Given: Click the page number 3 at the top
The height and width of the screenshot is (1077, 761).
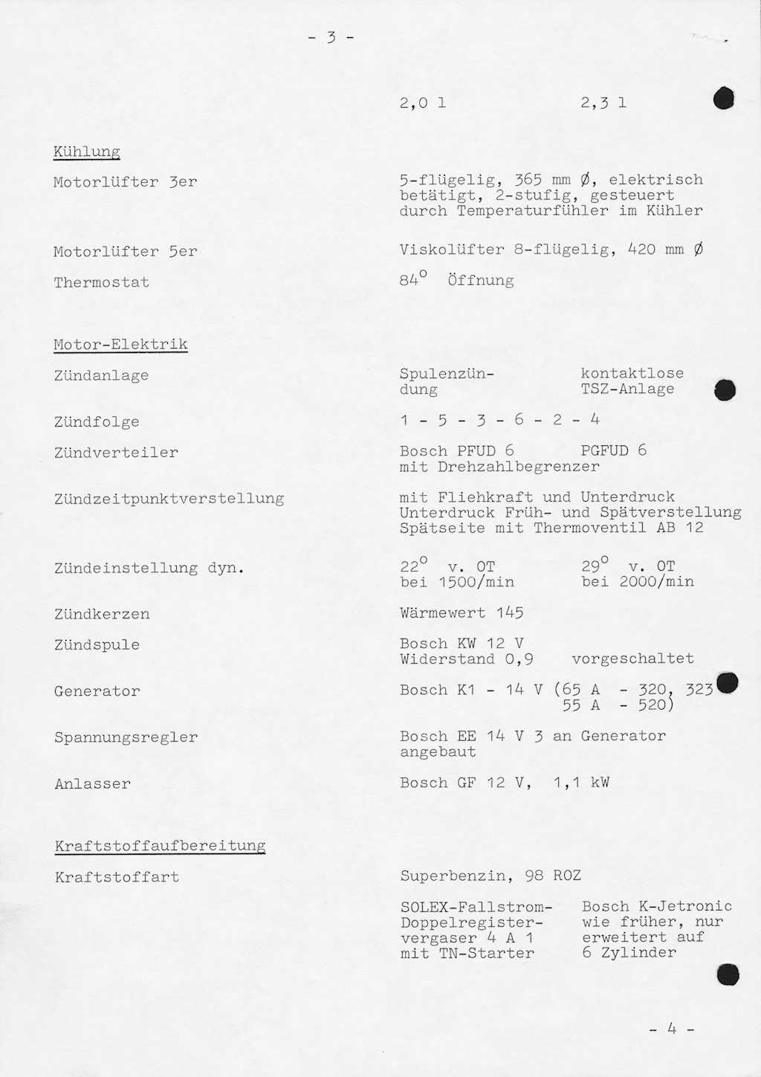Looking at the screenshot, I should [330, 38].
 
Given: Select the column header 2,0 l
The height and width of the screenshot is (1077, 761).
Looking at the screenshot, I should [422, 103].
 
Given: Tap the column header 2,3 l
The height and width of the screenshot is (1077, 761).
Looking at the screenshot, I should [603, 103].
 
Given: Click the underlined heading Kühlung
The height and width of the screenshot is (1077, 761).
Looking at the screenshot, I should [86, 152].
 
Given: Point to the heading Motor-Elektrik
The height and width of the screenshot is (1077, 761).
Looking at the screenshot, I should [120, 344].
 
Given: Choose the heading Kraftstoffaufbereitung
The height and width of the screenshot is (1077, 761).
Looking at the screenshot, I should [160, 846].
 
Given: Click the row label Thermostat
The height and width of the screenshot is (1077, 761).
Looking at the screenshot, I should [101, 282].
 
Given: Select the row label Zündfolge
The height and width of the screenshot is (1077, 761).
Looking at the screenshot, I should [96, 422].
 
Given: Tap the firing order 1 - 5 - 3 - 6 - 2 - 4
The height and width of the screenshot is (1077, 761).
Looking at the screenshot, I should [499, 420].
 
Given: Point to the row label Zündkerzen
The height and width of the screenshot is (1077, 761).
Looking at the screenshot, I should [102, 615].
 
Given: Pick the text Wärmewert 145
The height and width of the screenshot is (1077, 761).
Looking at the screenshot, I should [461, 613].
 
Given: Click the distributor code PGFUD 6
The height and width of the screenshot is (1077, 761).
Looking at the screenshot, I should [613, 450].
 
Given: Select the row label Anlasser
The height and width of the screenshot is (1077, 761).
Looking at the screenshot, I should [92, 784].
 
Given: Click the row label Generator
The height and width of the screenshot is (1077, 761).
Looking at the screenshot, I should [97, 691].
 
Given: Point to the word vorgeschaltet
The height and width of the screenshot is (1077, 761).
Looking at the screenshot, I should [632, 659].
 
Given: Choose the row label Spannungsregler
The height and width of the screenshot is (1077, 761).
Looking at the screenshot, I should [126, 738].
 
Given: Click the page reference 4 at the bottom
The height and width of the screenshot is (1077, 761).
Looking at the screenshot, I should [671, 1029].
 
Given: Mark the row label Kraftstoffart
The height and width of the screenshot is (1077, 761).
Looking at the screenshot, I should [117, 877].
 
